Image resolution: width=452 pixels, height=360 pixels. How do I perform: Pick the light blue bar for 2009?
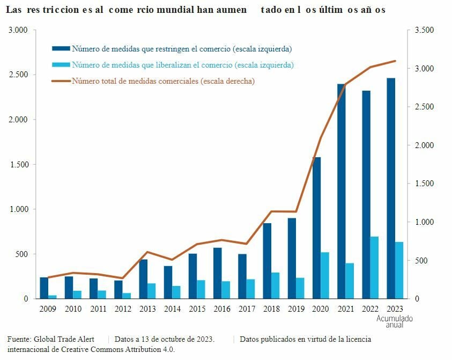coord(53,297)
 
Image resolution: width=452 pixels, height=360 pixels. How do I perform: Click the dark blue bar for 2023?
coord(391,188)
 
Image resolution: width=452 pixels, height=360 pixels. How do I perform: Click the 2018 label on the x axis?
coord(271,308)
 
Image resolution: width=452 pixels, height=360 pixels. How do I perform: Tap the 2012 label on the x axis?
coord(122,308)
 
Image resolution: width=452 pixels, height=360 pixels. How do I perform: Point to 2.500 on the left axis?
coord(19,75)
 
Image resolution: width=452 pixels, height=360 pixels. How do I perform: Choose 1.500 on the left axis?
coord(19,164)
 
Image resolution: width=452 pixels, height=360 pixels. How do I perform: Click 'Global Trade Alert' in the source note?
coord(64,339)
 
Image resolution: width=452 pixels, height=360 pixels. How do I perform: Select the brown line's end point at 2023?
coord(395,61)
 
